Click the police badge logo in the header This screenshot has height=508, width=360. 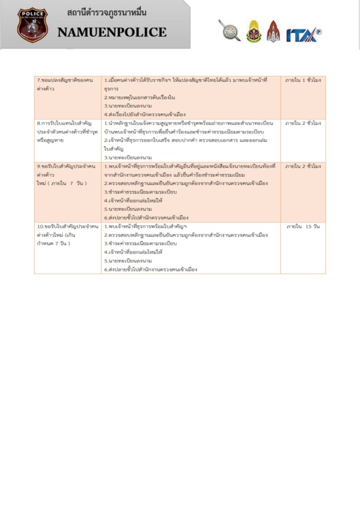[32, 25]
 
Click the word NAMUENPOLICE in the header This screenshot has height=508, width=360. [112, 33]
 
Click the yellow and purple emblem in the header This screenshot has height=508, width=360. [254, 31]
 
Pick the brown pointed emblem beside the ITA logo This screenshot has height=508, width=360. [273, 31]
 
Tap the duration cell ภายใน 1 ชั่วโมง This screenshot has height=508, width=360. [303, 80]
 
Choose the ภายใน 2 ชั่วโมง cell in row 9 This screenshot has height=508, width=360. [303, 166]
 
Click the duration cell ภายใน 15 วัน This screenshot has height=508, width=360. [303, 227]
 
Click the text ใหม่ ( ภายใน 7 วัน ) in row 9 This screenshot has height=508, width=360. [62, 184]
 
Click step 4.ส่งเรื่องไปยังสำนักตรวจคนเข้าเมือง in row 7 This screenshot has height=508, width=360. [145, 115]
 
